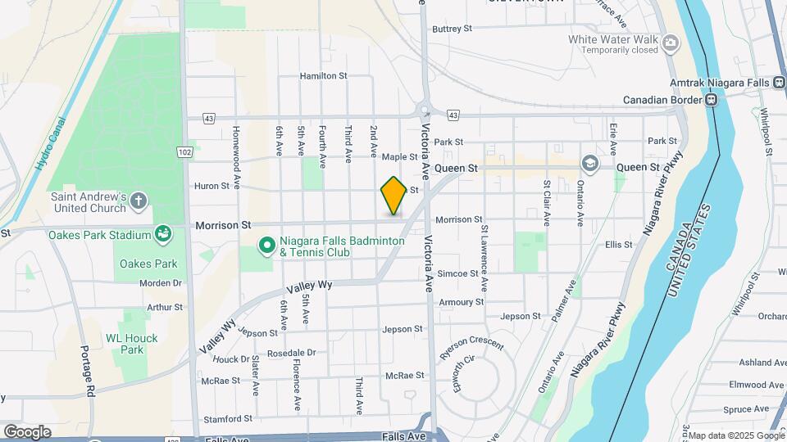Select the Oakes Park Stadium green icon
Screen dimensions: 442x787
pos(163,236)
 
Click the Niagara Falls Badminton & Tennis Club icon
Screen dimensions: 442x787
pos(266,245)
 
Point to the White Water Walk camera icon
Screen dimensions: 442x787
pos(671,43)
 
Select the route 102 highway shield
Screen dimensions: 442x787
pos(185,152)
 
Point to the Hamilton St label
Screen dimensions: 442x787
pos(323,75)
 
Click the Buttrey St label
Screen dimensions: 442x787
pos(453,28)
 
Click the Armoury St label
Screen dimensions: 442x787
pos(461,302)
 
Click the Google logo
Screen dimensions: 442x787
pos(27,432)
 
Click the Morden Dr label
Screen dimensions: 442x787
pos(160,283)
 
